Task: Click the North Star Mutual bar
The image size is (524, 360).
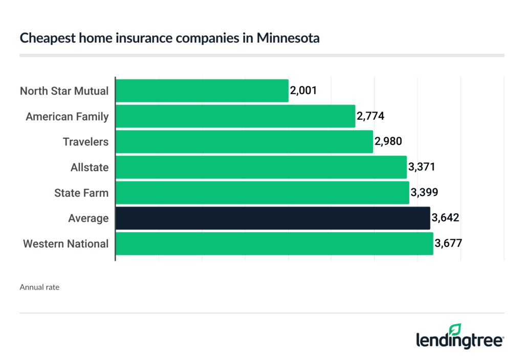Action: [202, 91]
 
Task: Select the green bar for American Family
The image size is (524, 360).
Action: [235, 116]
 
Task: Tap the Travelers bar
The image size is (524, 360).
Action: [244, 142]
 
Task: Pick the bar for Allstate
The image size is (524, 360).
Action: [261, 167]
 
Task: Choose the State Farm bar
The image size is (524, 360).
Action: [263, 193]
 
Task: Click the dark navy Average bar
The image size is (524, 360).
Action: [273, 218]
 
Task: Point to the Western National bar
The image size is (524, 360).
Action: [274, 243]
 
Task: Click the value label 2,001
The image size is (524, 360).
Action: [303, 91]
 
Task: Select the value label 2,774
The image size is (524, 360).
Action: [370, 116]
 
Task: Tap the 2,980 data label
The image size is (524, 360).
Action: [388, 142]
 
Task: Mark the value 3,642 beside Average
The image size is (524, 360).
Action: [445, 218]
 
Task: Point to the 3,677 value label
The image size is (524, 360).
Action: [448, 243]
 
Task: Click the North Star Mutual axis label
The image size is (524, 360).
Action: [64, 91]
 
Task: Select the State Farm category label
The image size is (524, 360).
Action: [81, 193]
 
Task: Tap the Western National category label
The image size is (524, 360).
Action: [65, 244]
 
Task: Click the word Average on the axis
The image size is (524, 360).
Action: [88, 219]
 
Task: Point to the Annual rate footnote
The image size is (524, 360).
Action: [39, 287]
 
